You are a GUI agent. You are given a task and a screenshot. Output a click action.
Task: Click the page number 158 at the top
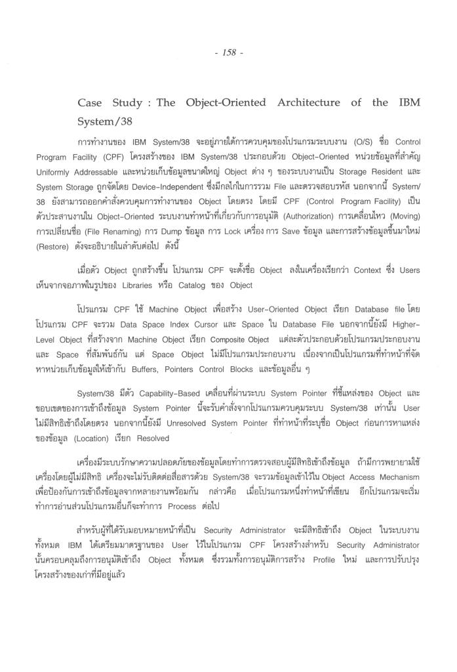[x=228, y=53]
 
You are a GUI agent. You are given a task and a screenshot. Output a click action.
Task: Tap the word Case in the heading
[x=90, y=103]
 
